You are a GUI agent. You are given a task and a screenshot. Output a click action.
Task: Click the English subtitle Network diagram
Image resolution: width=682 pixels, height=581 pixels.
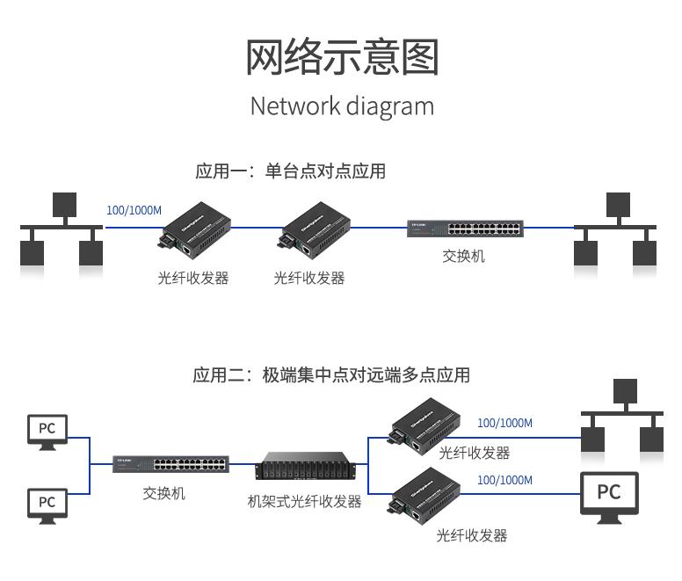[x=342, y=106]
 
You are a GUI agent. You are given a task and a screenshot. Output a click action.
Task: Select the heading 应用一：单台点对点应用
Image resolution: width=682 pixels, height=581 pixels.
[x=291, y=171]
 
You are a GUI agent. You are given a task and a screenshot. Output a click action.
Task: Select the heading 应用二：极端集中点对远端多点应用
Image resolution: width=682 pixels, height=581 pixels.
[x=331, y=375]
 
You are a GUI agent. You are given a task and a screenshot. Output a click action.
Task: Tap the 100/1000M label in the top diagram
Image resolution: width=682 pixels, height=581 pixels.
[x=134, y=210]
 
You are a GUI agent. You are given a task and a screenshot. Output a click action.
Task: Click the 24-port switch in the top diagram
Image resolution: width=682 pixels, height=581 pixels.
[x=465, y=229]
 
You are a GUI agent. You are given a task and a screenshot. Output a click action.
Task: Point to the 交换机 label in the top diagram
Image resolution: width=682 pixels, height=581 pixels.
[x=463, y=257]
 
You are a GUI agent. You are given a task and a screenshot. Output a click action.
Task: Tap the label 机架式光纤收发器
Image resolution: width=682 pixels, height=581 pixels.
[x=305, y=502]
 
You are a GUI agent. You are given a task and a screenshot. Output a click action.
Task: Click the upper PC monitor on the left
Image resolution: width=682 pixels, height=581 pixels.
[x=47, y=430]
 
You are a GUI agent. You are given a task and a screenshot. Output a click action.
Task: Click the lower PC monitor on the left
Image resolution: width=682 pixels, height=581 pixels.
[x=47, y=503]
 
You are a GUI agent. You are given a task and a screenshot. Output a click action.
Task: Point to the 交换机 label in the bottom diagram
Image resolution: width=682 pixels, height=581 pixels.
[x=164, y=494]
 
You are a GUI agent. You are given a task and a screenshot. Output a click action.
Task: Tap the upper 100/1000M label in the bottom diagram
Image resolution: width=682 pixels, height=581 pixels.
[x=504, y=423]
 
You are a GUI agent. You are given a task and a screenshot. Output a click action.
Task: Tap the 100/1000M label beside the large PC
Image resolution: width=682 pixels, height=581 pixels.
[x=504, y=481]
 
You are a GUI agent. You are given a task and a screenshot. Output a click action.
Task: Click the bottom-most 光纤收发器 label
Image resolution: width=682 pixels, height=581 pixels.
[x=472, y=535]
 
